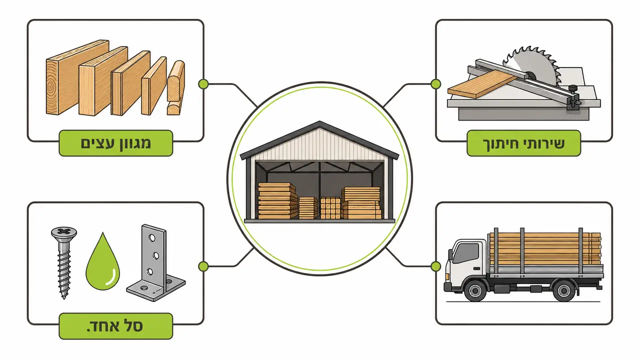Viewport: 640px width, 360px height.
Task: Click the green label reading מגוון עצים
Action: point(115,143)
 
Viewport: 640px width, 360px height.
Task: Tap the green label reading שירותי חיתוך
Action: point(523,143)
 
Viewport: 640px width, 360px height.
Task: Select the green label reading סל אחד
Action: point(115,326)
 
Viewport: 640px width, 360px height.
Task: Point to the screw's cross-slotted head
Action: point(64,232)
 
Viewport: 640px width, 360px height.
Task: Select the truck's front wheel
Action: point(475,290)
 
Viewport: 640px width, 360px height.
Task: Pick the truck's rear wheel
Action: point(564,290)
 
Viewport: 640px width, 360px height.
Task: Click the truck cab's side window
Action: point(465,253)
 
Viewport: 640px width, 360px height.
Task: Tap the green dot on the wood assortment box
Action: point(203,84)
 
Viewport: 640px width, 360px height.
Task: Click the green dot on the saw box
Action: point(435,84)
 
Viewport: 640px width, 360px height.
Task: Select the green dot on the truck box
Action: point(435,266)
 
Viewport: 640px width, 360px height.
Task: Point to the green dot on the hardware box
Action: point(203,266)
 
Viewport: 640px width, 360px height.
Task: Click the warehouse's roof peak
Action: point(319,123)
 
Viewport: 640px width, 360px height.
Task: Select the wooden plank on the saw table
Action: point(483,84)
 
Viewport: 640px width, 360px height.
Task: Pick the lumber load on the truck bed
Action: point(545,248)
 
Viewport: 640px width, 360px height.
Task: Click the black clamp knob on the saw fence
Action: point(572,89)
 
